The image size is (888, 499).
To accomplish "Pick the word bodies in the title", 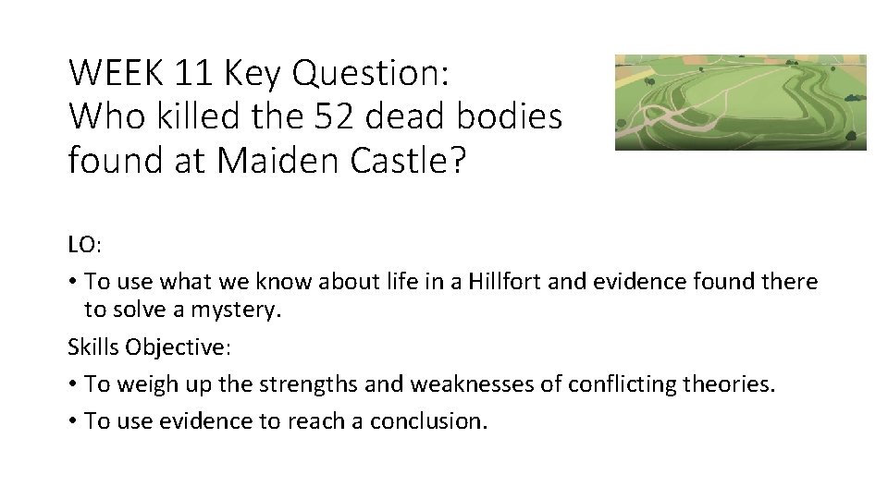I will coord(516,116).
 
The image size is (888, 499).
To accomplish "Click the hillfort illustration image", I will coord(740,102).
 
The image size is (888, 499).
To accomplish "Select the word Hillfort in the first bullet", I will coord(508,280).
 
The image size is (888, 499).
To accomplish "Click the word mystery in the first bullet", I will coord(235,310).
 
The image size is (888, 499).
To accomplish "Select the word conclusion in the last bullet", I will coord(426,420).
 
